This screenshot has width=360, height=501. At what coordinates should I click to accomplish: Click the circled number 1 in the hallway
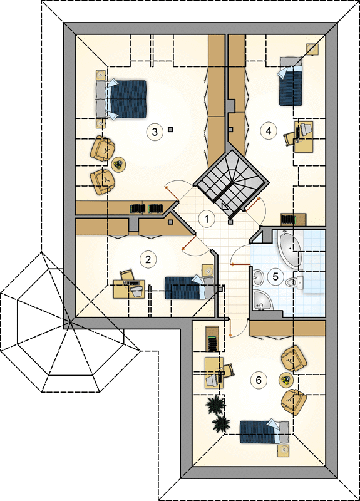click(207, 219)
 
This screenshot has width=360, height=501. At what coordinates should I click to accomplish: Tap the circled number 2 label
click(148, 259)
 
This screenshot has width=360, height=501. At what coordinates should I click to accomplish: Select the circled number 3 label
click(155, 132)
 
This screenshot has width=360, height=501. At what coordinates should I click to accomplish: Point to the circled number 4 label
click(269, 130)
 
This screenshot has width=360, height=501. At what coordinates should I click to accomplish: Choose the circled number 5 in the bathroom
click(275, 276)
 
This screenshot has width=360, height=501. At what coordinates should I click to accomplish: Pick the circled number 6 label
click(259, 380)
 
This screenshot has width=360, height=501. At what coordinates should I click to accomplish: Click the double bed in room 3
click(121, 99)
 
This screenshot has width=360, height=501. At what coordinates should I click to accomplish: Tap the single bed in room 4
click(291, 81)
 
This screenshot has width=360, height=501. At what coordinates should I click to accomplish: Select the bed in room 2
click(189, 287)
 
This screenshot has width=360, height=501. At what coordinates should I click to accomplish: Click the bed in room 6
click(264, 432)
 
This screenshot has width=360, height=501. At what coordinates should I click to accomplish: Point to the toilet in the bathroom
click(295, 282)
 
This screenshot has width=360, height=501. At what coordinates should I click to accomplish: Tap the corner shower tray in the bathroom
click(262, 301)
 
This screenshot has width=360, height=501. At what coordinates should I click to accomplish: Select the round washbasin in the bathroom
click(258, 277)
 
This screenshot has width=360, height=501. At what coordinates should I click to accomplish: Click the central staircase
click(232, 181)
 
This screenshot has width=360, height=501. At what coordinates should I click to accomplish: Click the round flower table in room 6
click(286, 380)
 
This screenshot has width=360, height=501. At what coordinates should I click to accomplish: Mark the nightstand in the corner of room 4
click(312, 49)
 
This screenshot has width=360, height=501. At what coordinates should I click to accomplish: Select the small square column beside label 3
click(170, 130)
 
